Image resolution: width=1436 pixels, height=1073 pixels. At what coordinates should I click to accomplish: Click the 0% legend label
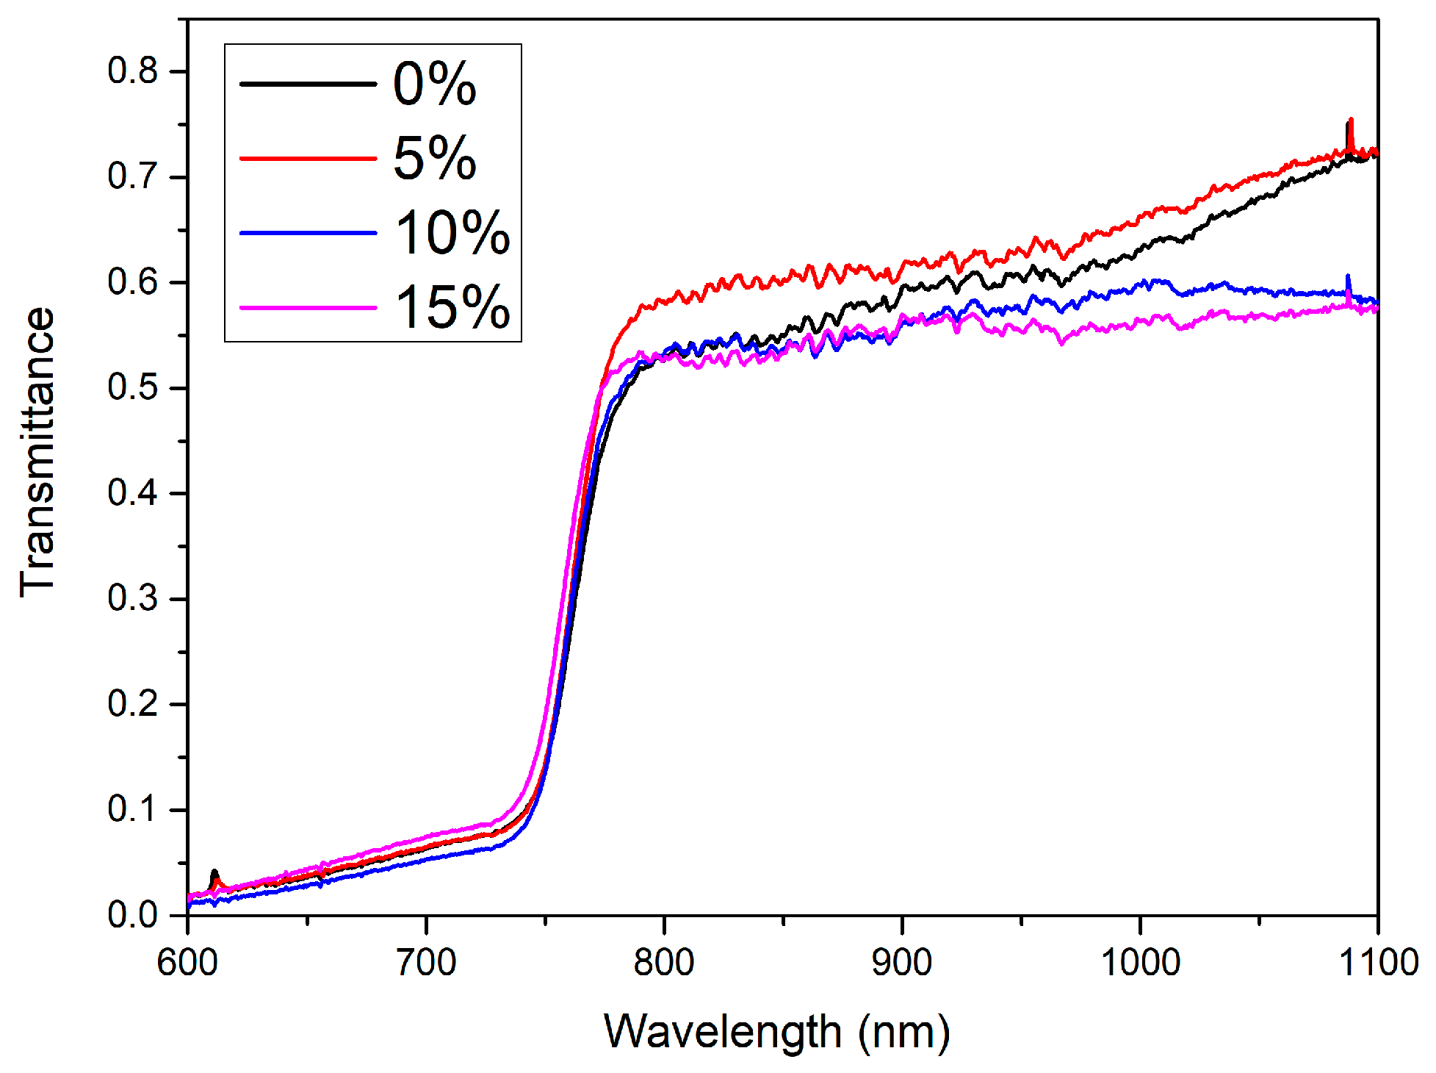click(x=434, y=84)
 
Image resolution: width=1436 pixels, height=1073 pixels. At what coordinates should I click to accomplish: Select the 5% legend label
click(x=434, y=158)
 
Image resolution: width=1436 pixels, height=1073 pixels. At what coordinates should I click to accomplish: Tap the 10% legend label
click(x=452, y=233)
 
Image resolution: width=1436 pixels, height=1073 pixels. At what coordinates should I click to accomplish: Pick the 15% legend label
click(x=452, y=307)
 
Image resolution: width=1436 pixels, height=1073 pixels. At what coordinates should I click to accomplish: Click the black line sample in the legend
click(x=308, y=84)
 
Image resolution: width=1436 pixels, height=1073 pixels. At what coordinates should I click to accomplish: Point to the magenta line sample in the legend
click(x=308, y=307)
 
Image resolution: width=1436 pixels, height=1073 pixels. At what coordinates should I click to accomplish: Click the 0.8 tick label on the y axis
click(x=132, y=71)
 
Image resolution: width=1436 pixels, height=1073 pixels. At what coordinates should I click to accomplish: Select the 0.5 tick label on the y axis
click(x=132, y=388)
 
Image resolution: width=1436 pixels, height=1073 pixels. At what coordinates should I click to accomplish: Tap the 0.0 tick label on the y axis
click(x=132, y=915)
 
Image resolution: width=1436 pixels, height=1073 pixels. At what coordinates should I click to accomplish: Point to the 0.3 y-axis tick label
click(x=132, y=599)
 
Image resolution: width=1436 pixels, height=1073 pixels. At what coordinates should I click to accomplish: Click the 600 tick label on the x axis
click(x=188, y=962)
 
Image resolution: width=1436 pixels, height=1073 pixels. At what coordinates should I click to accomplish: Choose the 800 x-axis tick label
click(x=664, y=962)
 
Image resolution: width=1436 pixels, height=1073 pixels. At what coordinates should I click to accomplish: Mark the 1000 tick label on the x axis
click(x=1140, y=962)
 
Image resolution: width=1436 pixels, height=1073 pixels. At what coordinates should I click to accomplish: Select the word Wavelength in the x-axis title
click(x=723, y=1032)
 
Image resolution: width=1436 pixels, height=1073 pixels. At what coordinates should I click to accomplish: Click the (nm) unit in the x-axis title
click(x=904, y=1032)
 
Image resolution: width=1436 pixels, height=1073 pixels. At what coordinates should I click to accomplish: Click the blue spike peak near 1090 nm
click(x=1347, y=277)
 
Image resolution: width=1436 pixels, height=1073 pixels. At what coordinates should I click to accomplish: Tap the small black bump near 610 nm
click(x=214, y=872)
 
